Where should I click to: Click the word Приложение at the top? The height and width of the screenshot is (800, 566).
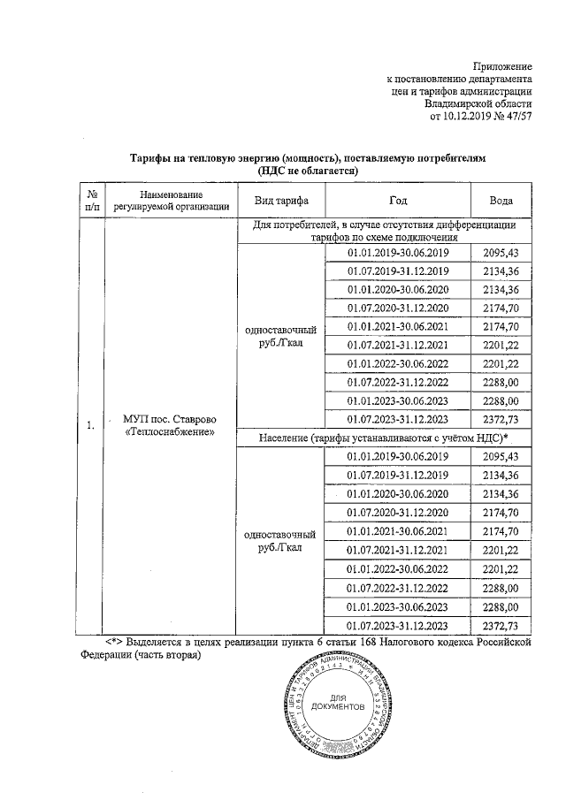[x=501, y=66]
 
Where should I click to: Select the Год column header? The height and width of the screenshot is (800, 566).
[x=399, y=201]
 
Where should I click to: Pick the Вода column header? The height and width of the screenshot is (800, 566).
[x=501, y=201]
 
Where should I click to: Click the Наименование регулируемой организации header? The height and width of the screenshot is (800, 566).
[x=172, y=201]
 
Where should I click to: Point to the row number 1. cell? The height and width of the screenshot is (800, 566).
[x=91, y=426]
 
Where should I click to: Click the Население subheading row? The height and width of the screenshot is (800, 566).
[x=387, y=439]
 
